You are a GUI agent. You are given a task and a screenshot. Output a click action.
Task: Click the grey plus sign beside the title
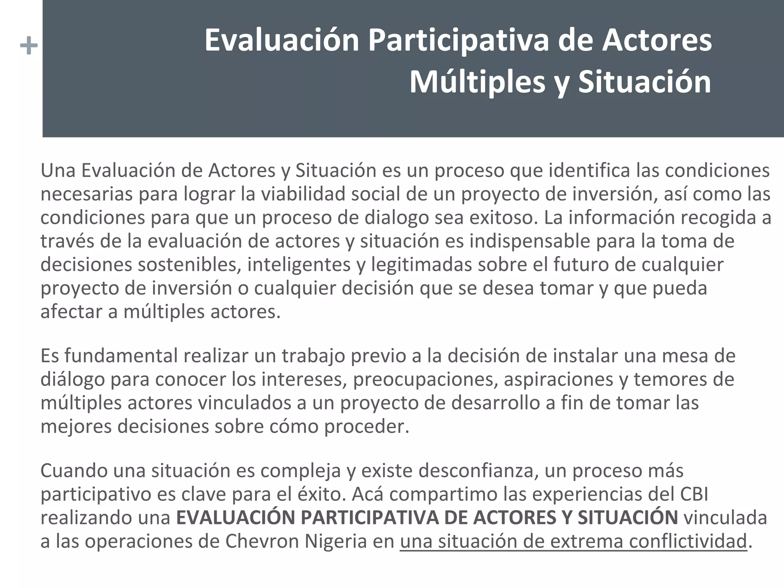tap(29, 46)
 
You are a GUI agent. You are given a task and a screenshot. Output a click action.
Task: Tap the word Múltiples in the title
tap(477, 82)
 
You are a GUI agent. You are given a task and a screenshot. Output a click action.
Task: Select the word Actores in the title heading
tap(657, 41)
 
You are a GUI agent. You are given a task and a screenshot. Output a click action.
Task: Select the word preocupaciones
tap(425, 379)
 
